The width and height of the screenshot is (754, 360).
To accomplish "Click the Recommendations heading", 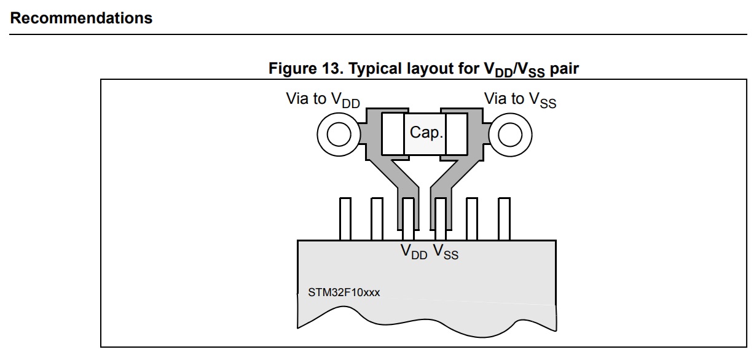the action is click(x=81, y=18).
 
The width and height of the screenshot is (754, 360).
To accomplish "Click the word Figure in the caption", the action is click(x=293, y=69).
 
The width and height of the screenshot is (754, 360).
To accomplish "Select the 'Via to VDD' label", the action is click(x=323, y=100).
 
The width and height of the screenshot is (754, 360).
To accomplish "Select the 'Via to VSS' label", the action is click(x=520, y=100).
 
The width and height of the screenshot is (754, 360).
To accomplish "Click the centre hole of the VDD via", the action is click(x=339, y=135).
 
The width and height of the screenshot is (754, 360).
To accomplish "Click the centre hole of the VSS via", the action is click(x=510, y=135).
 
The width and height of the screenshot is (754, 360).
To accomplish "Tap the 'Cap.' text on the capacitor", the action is click(x=426, y=132).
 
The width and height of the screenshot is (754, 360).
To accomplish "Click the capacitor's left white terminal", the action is click(x=393, y=134).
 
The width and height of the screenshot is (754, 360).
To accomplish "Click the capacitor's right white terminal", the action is click(x=457, y=134).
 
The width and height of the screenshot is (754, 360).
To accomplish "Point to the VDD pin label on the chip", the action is click(x=414, y=252).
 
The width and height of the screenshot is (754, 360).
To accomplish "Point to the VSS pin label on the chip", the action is click(x=446, y=252).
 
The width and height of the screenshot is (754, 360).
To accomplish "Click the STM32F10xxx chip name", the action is click(x=344, y=292).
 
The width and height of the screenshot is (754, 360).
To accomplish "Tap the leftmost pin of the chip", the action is click(x=345, y=219).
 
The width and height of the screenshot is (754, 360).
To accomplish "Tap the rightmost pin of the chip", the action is click(x=504, y=219).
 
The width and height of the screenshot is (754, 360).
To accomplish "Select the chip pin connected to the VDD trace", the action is click(x=408, y=219).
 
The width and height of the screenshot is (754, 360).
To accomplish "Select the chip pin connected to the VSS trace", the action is click(x=440, y=219).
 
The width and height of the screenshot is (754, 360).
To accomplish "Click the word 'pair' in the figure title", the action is click(x=564, y=69).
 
